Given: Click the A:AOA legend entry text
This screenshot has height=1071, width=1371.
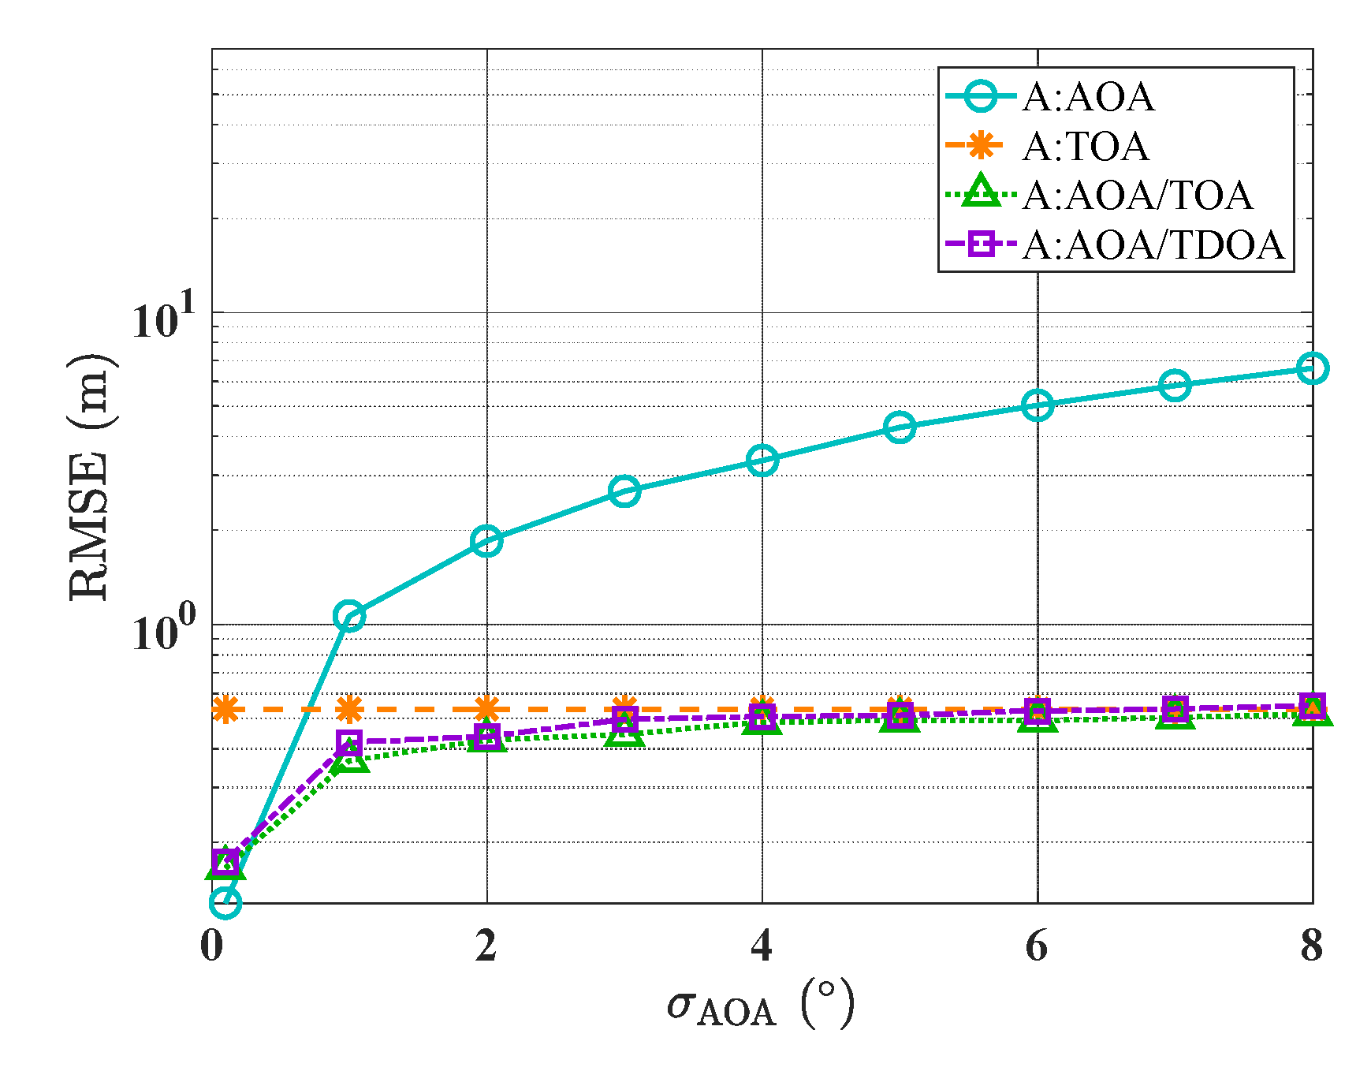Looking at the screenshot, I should (x=1088, y=98).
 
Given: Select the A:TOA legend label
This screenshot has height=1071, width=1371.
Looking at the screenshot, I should (x=1086, y=147).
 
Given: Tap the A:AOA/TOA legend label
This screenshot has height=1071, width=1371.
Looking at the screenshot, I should (x=1137, y=196).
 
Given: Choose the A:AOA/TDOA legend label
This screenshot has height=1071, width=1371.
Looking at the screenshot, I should (x=1153, y=245).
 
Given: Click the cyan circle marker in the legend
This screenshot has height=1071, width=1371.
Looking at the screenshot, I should (x=981, y=97).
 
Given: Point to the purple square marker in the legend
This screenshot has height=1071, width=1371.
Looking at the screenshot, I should (x=981, y=244).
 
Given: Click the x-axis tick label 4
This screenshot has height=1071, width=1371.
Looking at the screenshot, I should (x=762, y=945).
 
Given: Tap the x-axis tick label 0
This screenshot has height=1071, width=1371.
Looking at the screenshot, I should (x=211, y=945).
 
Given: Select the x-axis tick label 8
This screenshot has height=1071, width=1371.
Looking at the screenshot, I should (x=1311, y=945).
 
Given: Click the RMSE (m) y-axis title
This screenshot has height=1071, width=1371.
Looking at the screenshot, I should (x=91, y=477).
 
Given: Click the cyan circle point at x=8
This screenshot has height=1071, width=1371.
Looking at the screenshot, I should (x=1312, y=368).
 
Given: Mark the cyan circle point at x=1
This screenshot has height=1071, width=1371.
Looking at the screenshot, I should (x=348, y=617).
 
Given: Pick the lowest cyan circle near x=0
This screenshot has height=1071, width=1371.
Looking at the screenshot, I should (x=225, y=902).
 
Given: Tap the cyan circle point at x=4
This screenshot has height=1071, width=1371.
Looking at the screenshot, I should (x=762, y=460).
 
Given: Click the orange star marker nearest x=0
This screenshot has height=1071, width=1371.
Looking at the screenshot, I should (x=225, y=710).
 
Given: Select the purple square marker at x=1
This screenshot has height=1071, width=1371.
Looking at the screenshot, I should (x=348, y=742).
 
